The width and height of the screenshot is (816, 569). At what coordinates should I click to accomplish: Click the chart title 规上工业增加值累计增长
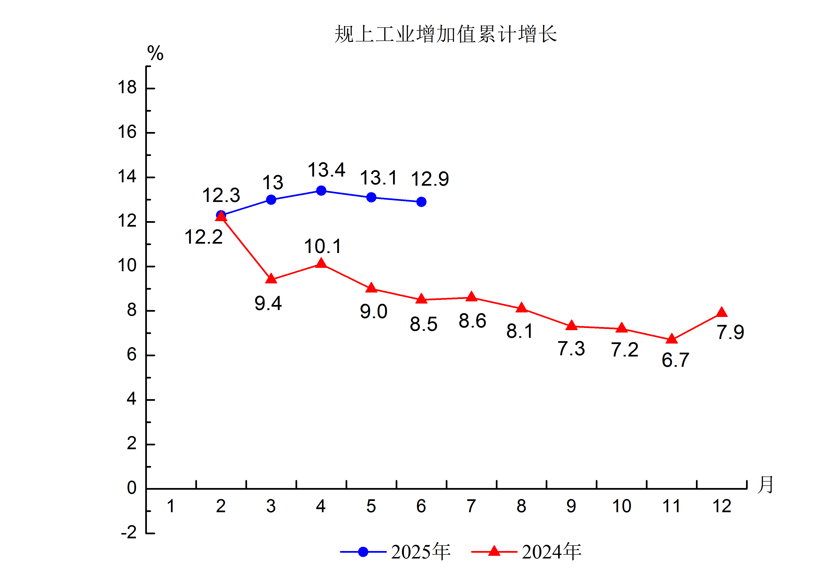click(446, 34)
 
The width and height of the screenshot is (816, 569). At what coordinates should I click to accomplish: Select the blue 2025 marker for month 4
click(321, 191)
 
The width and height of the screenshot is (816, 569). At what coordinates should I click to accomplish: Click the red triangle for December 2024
click(722, 313)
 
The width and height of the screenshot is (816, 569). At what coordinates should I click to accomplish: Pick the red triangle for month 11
click(672, 339)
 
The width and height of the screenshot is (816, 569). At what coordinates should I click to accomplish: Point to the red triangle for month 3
click(271, 279)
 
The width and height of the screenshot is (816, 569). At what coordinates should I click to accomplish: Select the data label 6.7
click(675, 360)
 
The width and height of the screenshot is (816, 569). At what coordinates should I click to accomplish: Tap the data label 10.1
click(323, 246)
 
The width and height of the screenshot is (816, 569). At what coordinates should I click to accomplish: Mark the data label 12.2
click(204, 237)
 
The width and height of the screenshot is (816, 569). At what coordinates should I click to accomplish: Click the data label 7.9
click(730, 332)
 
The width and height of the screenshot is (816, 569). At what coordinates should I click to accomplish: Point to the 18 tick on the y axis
click(127, 87)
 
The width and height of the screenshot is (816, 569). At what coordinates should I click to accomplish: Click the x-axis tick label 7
click(471, 506)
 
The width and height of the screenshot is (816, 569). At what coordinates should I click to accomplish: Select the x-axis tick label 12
click(722, 506)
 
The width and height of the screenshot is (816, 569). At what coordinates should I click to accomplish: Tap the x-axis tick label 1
click(171, 506)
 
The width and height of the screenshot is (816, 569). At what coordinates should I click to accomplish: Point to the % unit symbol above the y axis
click(155, 53)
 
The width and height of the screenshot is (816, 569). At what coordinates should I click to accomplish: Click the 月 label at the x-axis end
click(765, 485)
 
